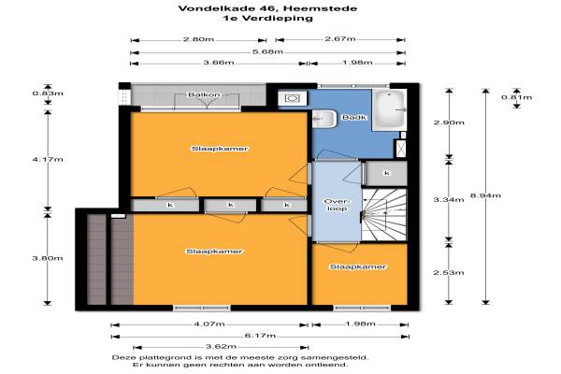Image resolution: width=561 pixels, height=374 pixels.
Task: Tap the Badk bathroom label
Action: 354,117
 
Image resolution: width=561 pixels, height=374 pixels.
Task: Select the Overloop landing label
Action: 337,205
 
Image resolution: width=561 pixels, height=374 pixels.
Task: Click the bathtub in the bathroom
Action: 389,109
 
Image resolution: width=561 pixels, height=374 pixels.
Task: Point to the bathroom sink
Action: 324,119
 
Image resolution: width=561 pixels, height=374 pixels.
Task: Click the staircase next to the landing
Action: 384,215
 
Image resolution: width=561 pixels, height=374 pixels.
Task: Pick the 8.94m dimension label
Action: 485,195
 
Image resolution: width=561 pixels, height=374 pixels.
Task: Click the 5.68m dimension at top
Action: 267,51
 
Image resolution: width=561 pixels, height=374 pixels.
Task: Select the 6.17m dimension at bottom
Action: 260,336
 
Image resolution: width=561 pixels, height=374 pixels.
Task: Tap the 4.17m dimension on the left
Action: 48,159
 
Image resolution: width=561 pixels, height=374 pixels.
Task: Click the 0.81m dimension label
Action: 516,97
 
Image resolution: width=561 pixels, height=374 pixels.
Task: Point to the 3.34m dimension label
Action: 449,199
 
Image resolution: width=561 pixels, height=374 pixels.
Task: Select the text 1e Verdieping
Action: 267,18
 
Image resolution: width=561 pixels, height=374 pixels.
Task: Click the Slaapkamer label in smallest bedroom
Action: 358,266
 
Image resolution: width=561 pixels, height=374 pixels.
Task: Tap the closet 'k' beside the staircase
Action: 387,173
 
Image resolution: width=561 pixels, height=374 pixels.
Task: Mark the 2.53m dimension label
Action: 449,272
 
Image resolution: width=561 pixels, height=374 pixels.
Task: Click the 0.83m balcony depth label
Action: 48,93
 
